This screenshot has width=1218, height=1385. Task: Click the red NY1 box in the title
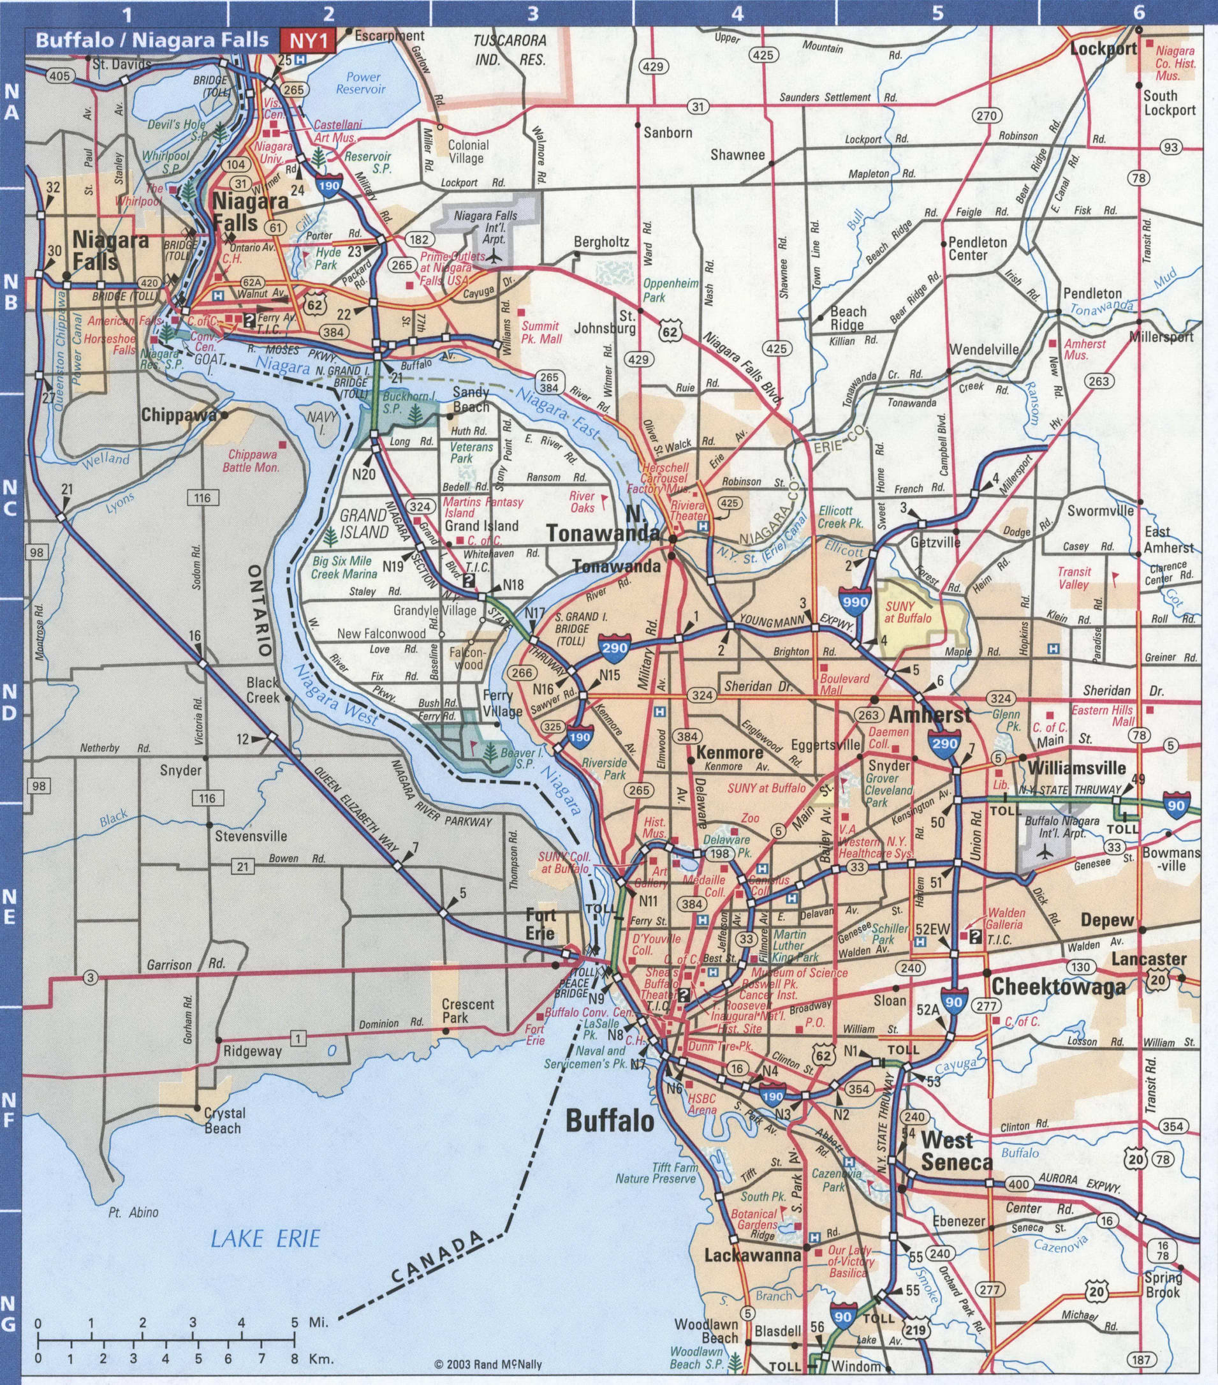[308, 41]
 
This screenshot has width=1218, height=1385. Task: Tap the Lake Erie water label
[265, 1240]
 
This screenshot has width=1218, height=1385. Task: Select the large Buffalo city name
[610, 1122]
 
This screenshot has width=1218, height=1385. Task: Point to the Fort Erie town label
[541, 924]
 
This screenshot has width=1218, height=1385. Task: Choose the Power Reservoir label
[360, 83]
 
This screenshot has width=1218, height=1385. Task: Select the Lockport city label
[1103, 48]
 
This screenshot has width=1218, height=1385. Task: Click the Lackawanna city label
[752, 1254]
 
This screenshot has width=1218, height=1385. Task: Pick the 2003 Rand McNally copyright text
[488, 1364]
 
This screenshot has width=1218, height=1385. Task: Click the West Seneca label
[956, 1152]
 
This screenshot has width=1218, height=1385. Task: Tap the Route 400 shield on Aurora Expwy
[1018, 1185]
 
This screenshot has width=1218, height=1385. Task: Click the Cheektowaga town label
[1058, 988]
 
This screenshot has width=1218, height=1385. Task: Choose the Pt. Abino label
[133, 1212]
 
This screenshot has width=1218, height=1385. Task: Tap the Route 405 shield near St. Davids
[59, 76]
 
